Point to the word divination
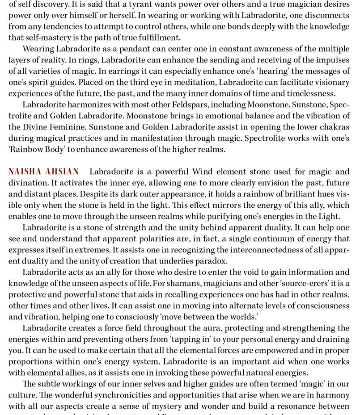tap(30, 183)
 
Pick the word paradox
tap(210, 261)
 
